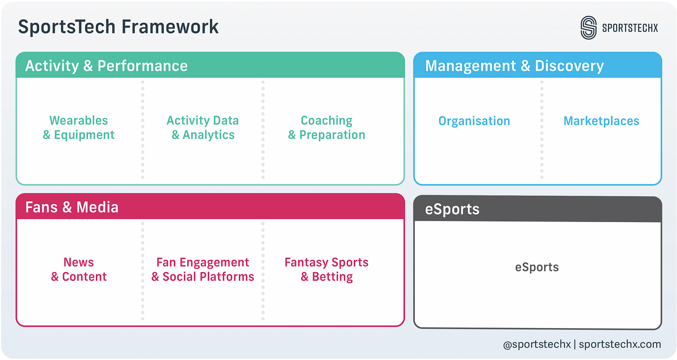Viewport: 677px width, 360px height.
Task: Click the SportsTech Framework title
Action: click(x=118, y=27)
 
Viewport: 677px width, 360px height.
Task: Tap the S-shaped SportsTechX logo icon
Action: click(x=589, y=28)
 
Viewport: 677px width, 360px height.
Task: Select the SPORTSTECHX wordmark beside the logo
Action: click(x=630, y=28)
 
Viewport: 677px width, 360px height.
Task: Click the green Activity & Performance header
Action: click(x=106, y=66)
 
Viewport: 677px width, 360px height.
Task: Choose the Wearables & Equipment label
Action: click(x=79, y=128)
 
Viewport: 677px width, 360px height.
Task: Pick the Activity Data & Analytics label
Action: click(x=203, y=128)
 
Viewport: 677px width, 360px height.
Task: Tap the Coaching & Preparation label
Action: click(x=326, y=128)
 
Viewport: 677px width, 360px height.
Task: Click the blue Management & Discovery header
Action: click(x=514, y=66)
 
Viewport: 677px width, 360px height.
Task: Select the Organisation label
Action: click(x=474, y=121)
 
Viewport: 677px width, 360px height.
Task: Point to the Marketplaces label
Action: click(x=601, y=121)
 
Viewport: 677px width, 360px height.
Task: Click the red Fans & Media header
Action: click(x=72, y=207)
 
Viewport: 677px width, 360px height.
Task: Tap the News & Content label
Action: click(x=79, y=270)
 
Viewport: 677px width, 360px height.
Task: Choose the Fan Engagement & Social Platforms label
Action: click(x=203, y=270)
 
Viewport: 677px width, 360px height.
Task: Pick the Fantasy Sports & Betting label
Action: click(x=326, y=270)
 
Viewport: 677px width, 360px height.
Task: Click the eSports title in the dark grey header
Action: click(x=452, y=210)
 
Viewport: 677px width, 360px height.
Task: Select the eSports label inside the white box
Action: click(x=537, y=267)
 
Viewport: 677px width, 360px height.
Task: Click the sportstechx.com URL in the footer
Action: click(x=619, y=345)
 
